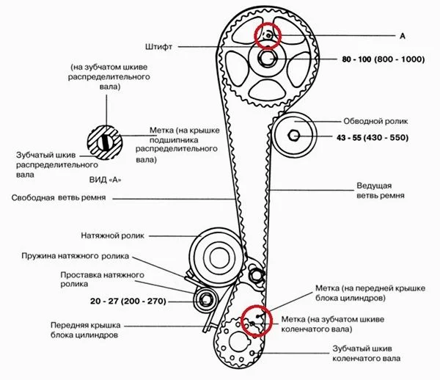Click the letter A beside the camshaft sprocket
402,34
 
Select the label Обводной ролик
375,121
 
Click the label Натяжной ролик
113,235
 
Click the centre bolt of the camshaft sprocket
267,58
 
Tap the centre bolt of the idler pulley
293,136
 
